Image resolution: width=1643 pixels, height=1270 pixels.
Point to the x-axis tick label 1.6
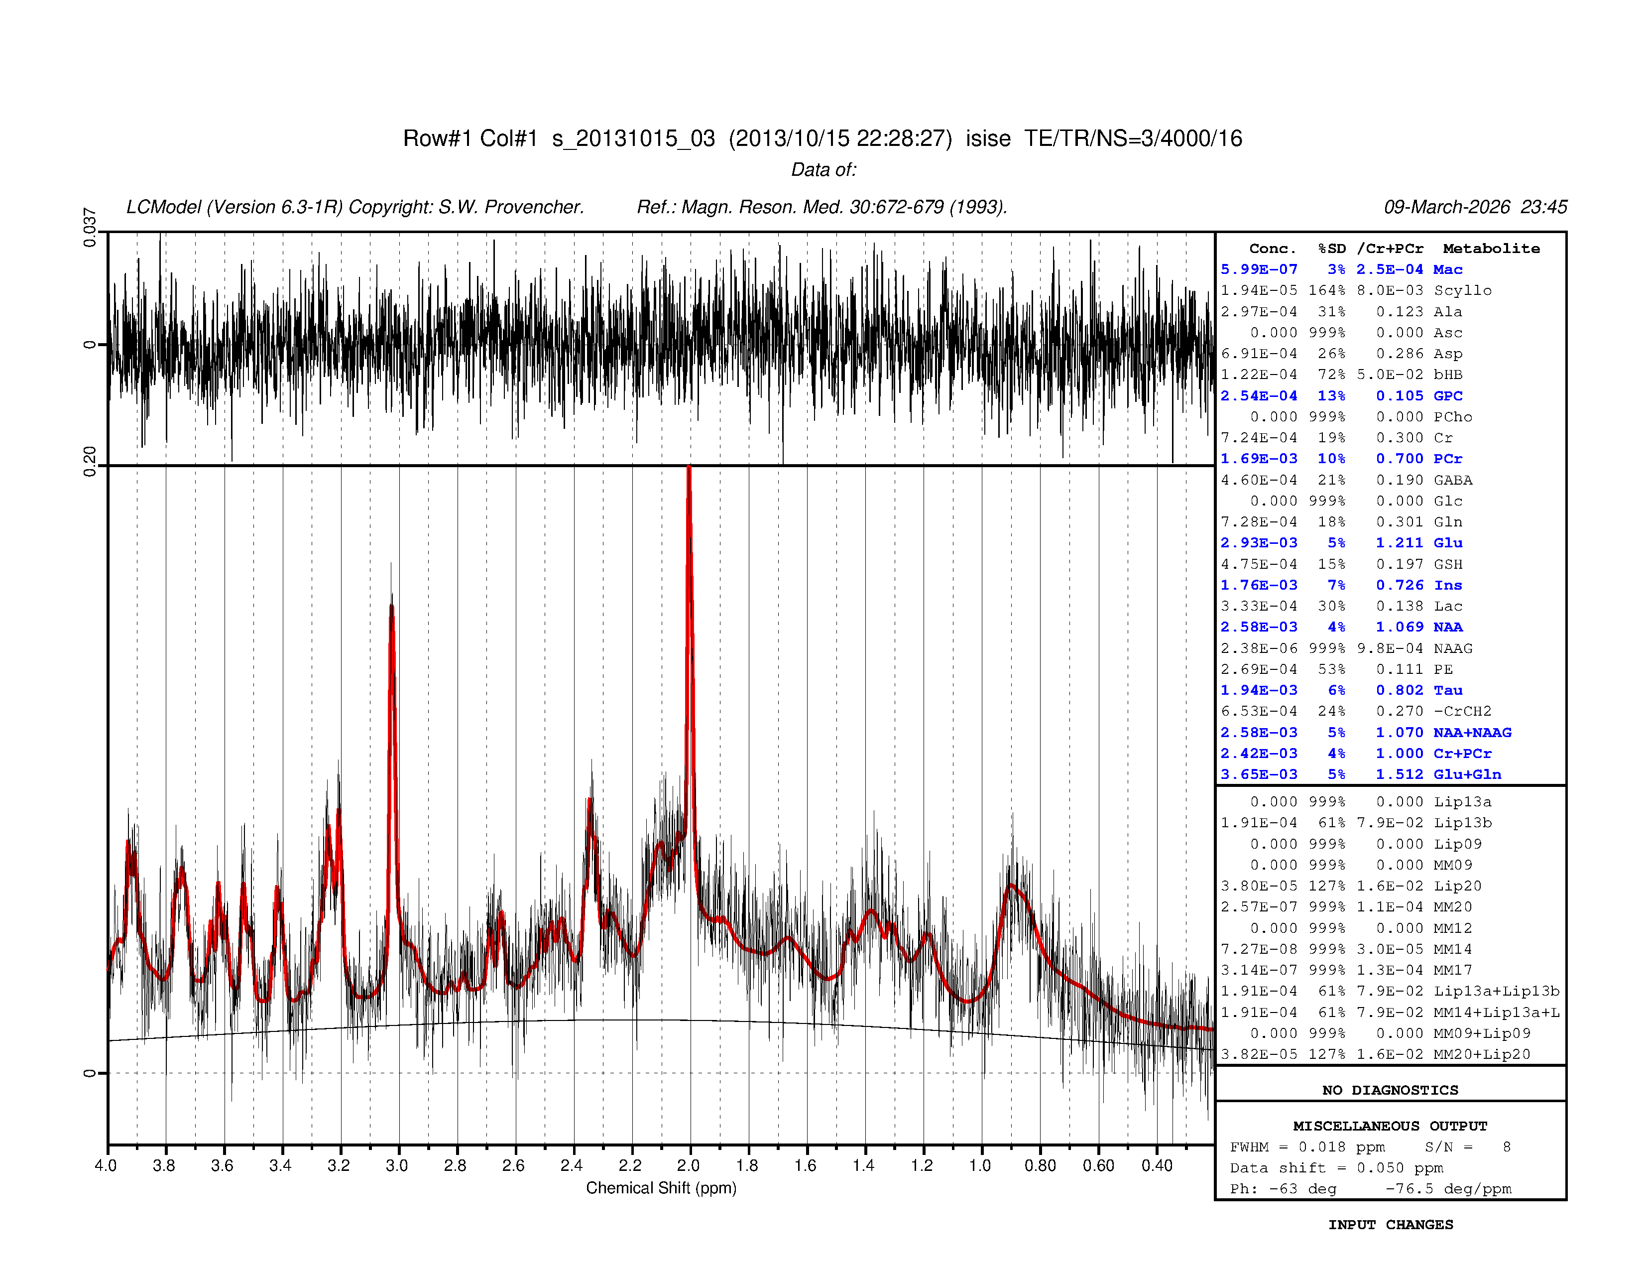click(x=805, y=1165)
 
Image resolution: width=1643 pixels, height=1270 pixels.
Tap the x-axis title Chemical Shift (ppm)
click(x=661, y=1188)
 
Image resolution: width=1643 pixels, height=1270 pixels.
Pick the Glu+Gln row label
click(x=1467, y=774)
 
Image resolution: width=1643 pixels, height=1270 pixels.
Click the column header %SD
click(x=1331, y=249)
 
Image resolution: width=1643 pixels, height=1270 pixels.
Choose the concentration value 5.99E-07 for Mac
click(x=1259, y=269)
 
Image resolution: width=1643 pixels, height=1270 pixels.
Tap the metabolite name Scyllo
click(x=1462, y=290)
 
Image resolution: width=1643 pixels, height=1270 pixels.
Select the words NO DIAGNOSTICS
click(x=1390, y=1090)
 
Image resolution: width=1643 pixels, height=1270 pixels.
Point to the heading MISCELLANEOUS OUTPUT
click(x=1390, y=1126)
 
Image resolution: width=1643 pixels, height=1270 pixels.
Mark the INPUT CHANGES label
click(x=1390, y=1225)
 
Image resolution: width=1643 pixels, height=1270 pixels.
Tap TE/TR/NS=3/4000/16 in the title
click(x=1133, y=138)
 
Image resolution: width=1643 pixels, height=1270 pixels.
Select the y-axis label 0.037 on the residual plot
click(x=90, y=227)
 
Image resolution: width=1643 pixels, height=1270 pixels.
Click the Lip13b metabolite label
click(x=1462, y=822)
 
